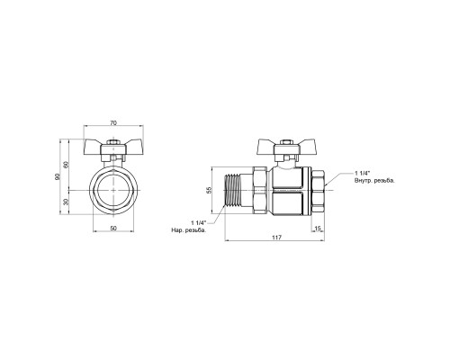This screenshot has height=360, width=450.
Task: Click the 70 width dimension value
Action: click(113, 122)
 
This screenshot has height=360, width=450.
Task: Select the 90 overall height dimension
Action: click(58, 176)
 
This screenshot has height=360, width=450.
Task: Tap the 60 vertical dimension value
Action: click(67, 165)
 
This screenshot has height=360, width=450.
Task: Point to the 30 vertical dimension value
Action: click(67, 202)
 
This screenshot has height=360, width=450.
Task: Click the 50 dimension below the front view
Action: click(113, 229)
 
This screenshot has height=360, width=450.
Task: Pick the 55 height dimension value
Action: click(209, 190)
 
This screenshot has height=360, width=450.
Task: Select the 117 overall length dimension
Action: click(276, 238)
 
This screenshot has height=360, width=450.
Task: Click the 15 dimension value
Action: click(318, 229)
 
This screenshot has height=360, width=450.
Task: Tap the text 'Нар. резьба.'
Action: click(189, 230)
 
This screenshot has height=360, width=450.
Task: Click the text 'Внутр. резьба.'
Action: click(374, 181)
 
